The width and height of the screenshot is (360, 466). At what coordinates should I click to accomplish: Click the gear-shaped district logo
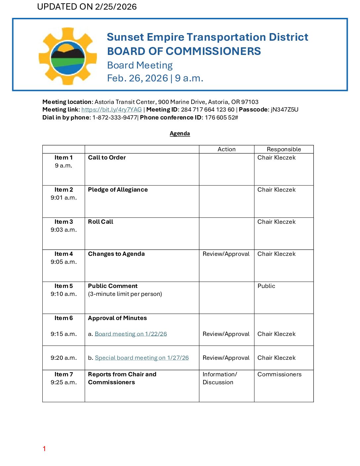(67, 56)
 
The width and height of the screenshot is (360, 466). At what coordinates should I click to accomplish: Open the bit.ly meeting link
(112, 110)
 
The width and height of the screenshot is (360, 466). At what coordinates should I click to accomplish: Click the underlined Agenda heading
(180, 133)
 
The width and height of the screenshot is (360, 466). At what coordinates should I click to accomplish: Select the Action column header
(227, 149)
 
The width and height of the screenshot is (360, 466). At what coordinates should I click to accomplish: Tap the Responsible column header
(284, 149)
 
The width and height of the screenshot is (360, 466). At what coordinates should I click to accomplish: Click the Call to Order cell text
(107, 158)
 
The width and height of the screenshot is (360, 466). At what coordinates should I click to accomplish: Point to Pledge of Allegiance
(118, 190)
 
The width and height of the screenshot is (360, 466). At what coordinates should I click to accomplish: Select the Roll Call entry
(101, 222)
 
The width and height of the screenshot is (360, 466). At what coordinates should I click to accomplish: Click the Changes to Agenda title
(116, 254)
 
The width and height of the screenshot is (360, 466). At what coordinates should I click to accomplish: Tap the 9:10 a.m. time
(64, 294)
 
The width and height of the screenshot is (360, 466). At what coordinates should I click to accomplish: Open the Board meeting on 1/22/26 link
(131, 334)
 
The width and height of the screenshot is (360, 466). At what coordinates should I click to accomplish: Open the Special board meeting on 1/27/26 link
(142, 358)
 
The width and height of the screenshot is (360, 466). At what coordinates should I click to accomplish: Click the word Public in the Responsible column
(266, 286)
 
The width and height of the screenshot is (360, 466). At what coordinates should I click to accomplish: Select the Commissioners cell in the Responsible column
(280, 374)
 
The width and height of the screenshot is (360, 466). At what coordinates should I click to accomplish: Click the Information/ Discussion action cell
(220, 378)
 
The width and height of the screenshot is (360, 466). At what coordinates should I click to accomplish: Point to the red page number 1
(44, 449)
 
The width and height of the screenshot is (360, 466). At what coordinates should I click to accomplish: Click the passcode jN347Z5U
(285, 110)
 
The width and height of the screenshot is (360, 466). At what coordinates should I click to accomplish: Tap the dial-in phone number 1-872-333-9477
(114, 117)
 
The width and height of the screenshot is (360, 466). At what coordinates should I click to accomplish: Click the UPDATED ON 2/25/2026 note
(87, 7)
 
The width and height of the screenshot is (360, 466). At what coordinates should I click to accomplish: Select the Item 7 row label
(64, 374)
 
